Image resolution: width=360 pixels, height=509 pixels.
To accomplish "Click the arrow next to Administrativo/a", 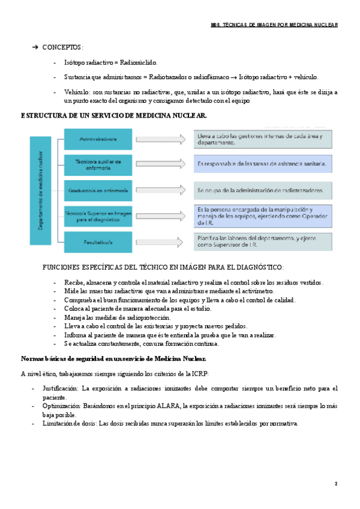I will pyautogui.click(x=161, y=139).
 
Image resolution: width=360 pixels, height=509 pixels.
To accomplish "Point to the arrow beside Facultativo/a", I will pyautogui.click(x=161, y=241).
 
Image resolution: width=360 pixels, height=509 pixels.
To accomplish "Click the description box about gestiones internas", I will pyautogui.click(x=263, y=140).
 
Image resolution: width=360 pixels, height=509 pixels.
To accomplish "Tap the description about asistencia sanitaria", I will pyautogui.click(x=263, y=163).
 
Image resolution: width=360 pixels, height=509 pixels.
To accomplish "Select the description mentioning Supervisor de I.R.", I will pyautogui.click(x=263, y=241).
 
